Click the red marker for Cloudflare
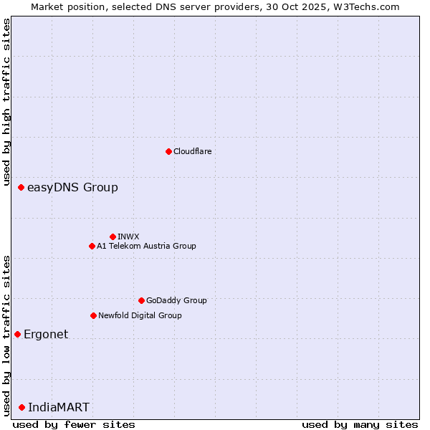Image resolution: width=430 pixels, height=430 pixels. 168,151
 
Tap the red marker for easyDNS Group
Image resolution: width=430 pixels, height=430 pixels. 21,188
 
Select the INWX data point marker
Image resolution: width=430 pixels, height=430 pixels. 113,236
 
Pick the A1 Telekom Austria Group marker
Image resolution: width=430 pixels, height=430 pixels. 92,246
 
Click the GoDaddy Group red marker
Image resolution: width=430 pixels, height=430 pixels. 141,300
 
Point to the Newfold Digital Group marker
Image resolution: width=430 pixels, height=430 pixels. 93,315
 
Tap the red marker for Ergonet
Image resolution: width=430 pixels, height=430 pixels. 18,334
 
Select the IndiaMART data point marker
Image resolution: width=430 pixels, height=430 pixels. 22,407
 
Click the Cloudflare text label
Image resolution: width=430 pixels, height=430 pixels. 193,151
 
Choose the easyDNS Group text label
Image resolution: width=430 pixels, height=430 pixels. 72,188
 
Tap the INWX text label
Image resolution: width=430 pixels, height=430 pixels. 128,236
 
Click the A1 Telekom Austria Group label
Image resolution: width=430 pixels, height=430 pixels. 146,246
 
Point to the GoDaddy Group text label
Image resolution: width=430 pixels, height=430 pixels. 176,300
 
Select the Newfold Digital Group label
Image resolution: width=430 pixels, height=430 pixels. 140,315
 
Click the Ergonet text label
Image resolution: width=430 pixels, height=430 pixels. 46,334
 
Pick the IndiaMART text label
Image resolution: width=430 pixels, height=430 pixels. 59,407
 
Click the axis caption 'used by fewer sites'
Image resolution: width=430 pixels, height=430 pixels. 74,424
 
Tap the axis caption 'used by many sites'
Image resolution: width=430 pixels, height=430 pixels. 360,424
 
